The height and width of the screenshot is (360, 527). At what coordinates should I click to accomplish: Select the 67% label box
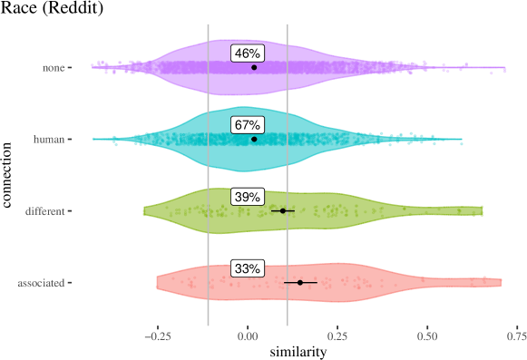point(247,125)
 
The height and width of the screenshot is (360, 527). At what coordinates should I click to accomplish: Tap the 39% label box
point(247,197)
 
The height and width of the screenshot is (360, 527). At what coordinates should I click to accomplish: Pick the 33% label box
point(247,268)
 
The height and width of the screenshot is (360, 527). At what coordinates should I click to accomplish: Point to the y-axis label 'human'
point(49,140)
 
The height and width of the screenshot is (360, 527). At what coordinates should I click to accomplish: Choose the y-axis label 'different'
point(44,211)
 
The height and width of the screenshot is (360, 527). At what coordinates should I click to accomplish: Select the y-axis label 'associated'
point(41,283)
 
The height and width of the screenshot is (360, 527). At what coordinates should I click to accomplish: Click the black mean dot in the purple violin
point(254,67)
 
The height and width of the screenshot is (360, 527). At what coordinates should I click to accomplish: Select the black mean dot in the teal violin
point(254,139)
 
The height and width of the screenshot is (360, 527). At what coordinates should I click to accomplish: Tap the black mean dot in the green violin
point(282,210)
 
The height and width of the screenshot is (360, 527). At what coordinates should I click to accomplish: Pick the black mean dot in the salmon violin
point(300,282)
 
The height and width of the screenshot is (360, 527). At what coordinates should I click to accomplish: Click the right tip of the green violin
point(483,211)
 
